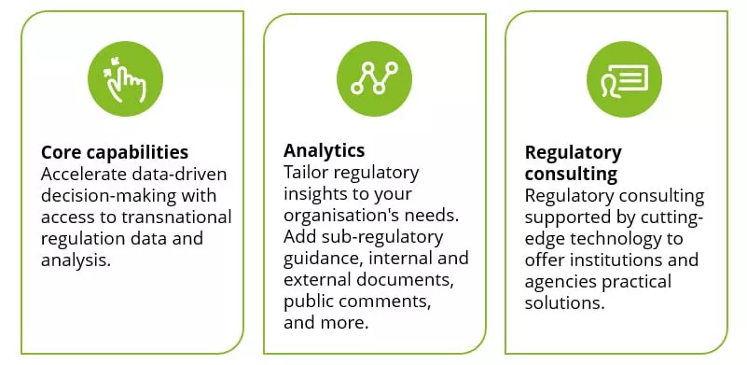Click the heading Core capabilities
(x=115, y=152)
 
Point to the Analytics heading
(x=324, y=150)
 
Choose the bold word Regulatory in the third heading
(x=573, y=152)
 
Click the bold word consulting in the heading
(x=571, y=174)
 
